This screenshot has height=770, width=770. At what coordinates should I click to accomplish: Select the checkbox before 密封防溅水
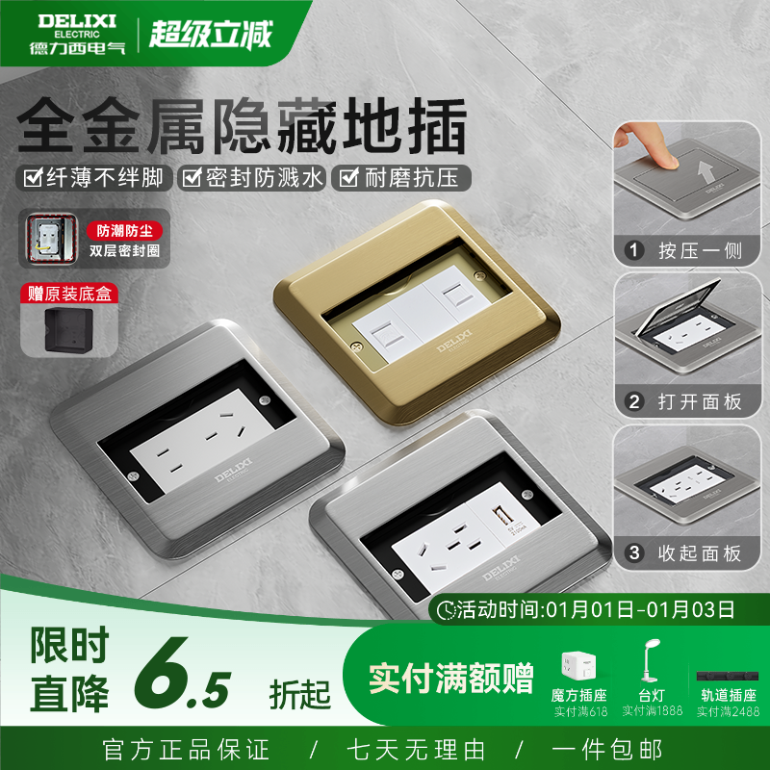coord(192,178)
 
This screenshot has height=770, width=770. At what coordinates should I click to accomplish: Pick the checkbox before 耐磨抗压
coord(348,178)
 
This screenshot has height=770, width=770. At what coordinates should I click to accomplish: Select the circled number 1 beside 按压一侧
coord(633,252)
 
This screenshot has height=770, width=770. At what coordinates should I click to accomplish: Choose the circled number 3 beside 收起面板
coord(633,553)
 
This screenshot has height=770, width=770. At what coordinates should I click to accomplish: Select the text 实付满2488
coord(727,712)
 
